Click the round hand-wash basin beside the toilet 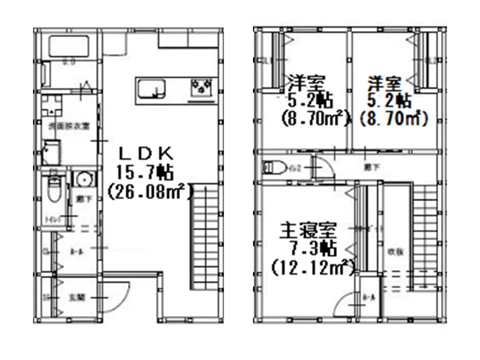(x=80, y=179)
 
